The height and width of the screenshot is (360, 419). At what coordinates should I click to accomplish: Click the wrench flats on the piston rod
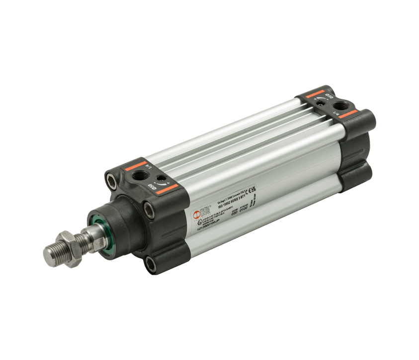(95, 232)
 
